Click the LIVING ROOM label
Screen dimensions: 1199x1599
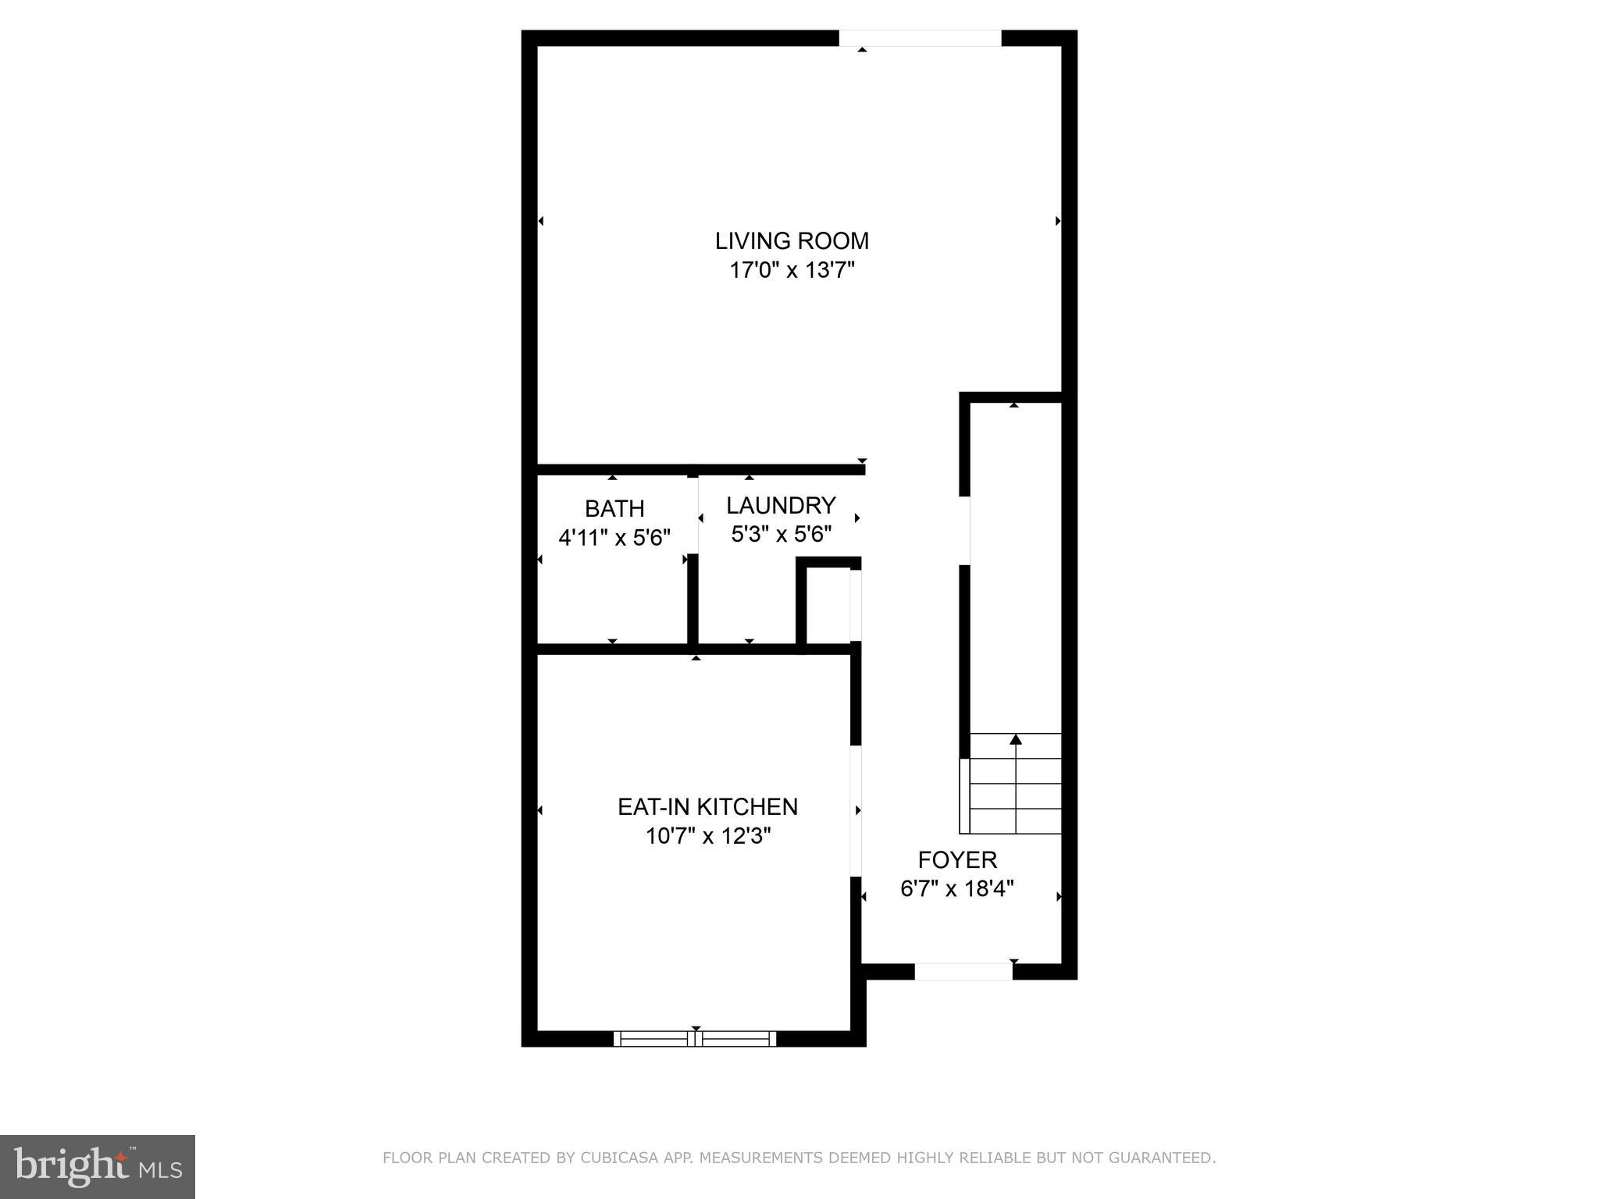[792, 240]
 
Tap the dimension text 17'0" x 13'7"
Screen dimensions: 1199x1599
[792, 271]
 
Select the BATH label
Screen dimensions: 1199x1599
[614, 508]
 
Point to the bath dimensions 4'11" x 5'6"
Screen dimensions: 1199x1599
[614, 538]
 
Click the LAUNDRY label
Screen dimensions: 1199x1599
[781, 505]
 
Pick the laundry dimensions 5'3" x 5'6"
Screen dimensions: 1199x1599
[781, 535]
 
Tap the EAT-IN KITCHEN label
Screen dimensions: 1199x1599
[707, 806]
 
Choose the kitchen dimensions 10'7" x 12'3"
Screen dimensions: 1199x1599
[707, 836]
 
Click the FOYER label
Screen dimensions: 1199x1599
[957, 859]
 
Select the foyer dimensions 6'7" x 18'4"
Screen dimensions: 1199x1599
[957, 889]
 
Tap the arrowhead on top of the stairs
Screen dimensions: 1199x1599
[1016, 738]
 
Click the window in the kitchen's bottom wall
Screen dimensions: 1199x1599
[695, 1038]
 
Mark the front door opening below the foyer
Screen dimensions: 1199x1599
[963, 971]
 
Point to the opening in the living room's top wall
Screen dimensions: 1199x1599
[920, 37]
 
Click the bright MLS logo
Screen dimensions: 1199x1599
[97, 1166]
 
